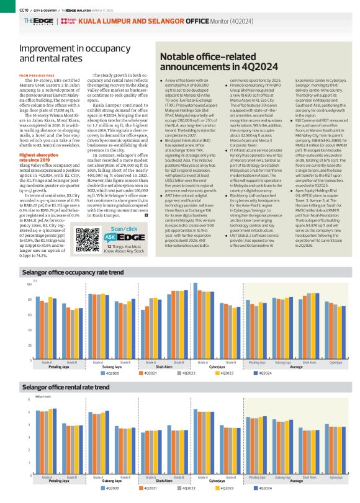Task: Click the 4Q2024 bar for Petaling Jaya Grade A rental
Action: click(x=55, y=442)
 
